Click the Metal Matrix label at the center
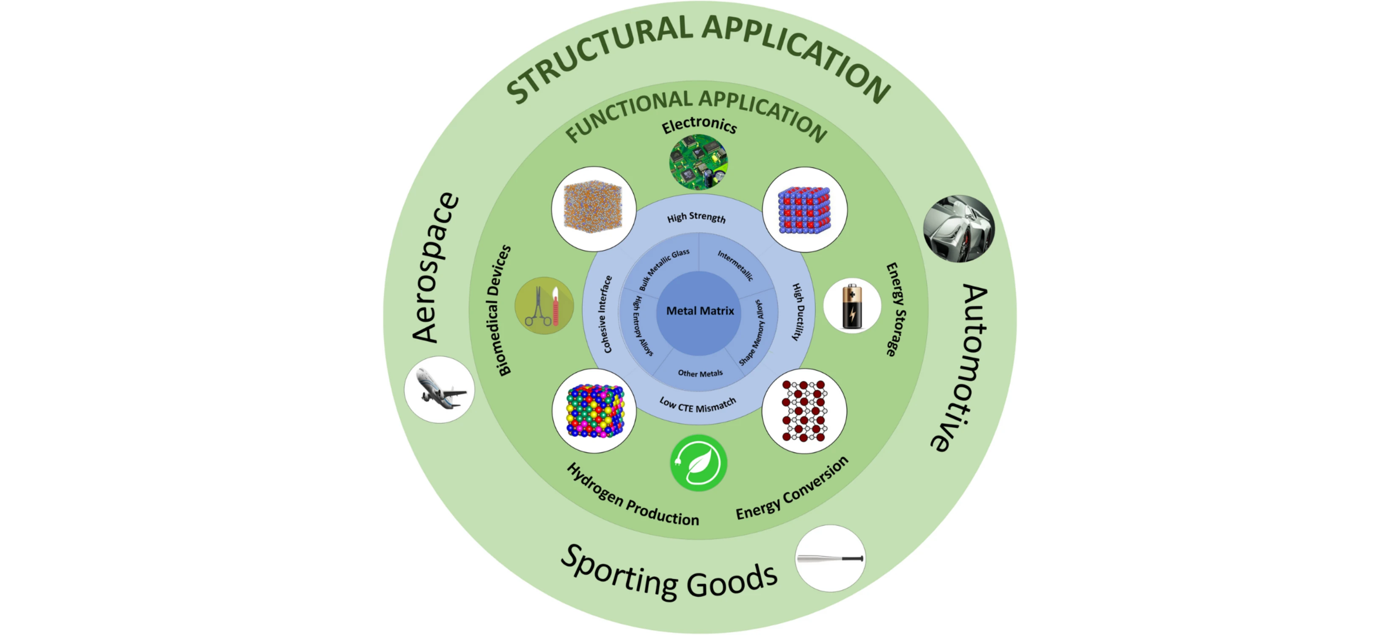coord(700,311)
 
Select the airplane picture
coord(439,389)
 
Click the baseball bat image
coord(830,558)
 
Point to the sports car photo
coord(959,229)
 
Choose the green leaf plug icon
coord(699,463)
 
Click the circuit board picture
coord(699,162)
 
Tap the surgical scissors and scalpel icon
coord(544,306)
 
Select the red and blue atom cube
coord(804,210)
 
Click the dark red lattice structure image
coord(804,411)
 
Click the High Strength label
coord(696,217)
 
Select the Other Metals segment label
coord(700,373)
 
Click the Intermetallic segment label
coord(735,265)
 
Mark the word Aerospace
coord(435,267)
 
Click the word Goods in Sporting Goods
coord(732,581)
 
